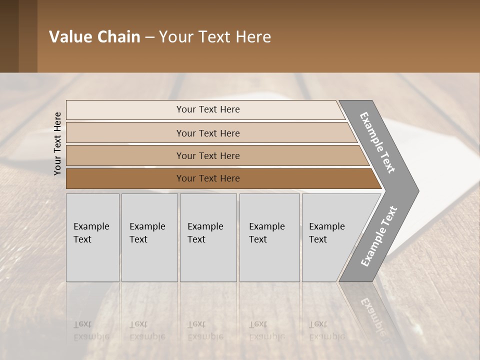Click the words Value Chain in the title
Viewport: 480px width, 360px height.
[94, 37]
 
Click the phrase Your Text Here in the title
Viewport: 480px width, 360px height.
[215, 37]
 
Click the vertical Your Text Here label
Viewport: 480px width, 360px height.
[57, 143]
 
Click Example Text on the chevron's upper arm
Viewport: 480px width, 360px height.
[377, 143]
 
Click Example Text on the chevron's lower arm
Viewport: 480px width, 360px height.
[379, 236]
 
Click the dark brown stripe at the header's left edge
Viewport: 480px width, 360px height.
[9, 36]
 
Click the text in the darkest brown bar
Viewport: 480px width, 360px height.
[208, 178]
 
